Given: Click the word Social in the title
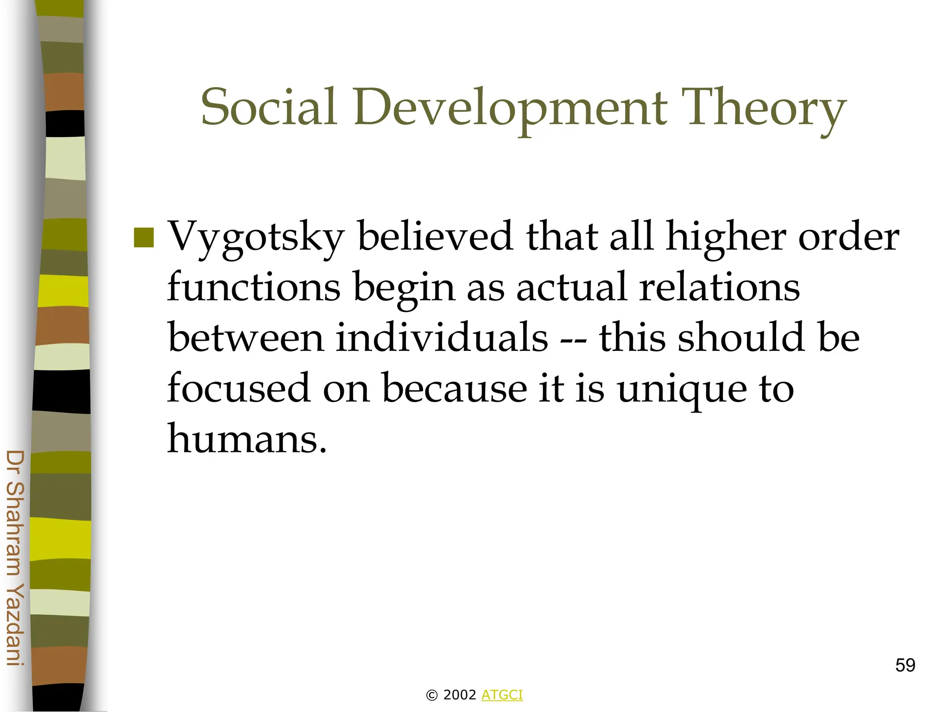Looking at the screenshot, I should click(x=268, y=108).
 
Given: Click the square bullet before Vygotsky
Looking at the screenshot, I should click(x=144, y=237).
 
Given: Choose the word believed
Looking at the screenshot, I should click(x=435, y=236).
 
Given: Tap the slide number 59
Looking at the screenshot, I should click(x=905, y=665).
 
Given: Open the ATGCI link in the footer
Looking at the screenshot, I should click(x=502, y=695).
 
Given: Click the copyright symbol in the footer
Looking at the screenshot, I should click(x=431, y=695).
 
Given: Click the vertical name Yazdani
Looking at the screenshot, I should click(x=15, y=624).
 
